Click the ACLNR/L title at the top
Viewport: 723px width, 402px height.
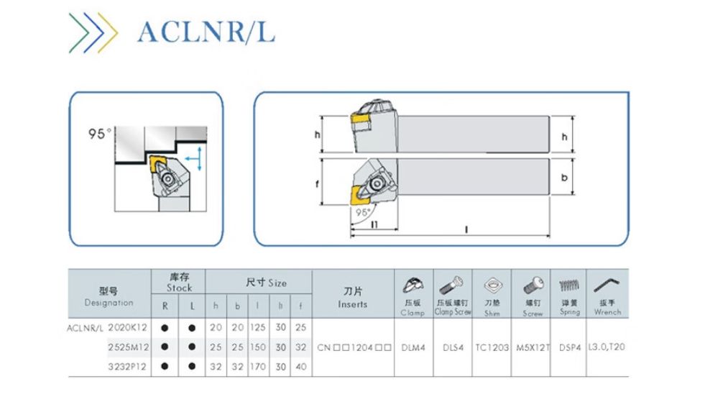[x=206, y=32]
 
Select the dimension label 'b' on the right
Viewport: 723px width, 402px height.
[x=564, y=176]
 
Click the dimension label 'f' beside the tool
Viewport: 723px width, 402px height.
[x=318, y=184]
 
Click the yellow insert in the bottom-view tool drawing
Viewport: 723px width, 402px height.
[x=356, y=194]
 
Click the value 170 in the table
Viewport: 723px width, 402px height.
[x=258, y=366]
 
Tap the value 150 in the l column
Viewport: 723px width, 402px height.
[x=258, y=347]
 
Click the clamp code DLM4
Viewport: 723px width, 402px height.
[x=413, y=347]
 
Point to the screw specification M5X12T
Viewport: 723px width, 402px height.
[x=532, y=347]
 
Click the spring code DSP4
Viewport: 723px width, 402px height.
[x=569, y=347]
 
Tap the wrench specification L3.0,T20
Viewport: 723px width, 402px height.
[x=607, y=347]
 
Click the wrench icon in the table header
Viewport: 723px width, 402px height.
[x=607, y=285]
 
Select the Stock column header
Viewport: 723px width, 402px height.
[x=179, y=283]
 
